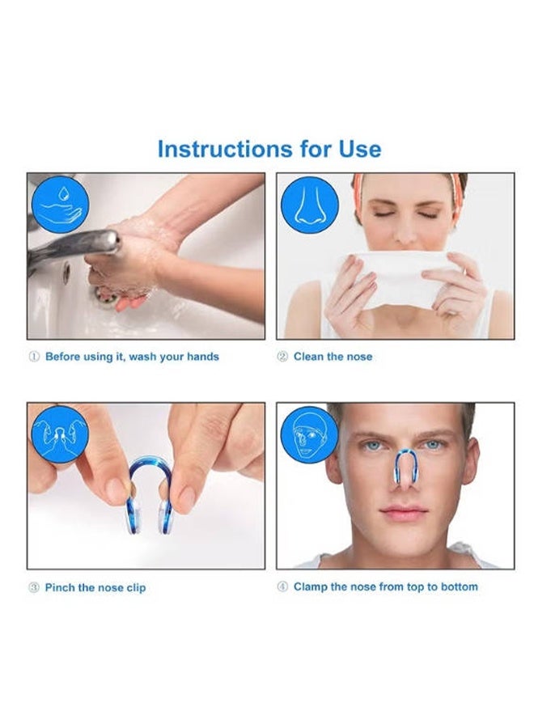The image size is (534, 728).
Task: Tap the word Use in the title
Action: pyautogui.click(x=360, y=149)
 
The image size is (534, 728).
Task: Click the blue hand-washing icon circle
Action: pyautogui.click(x=60, y=205)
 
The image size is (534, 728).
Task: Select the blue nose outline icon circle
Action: pyautogui.click(x=310, y=205)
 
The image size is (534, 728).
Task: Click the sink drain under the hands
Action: pyautogui.click(x=106, y=296)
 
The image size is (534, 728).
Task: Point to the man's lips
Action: pyautogui.click(x=404, y=514)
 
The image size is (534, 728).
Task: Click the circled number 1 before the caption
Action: pyautogui.click(x=34, y=357)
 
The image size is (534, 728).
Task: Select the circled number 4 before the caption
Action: pyautogui.click(x=282, y=587)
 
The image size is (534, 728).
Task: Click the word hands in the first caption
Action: pyautogui.click(x=203, y=357)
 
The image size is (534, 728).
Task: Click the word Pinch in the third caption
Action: pyautogui.click(x=60, y=587)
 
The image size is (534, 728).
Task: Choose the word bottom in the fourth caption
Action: pyautogui.click(x=460, y=587)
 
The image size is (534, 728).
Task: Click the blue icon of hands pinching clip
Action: pyautogui.click(x=60, y=434)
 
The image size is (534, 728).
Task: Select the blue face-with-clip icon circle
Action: pyautogui.click(x=310, y=434)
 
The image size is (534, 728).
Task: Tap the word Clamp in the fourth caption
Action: pyautogui.click(x=310, y=587)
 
